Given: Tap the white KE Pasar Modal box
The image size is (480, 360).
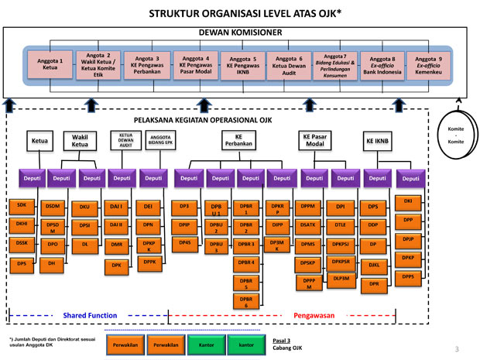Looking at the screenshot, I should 315,139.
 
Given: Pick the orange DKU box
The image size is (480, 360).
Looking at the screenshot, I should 84,207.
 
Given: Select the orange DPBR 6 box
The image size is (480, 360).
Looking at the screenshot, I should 247,302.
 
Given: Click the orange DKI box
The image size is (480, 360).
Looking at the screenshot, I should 408,202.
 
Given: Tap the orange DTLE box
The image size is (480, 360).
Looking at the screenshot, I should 341,225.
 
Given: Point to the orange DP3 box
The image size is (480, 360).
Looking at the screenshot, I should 184,207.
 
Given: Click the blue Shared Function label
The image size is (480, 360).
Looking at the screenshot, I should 90,316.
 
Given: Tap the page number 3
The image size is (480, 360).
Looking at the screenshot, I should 456,348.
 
